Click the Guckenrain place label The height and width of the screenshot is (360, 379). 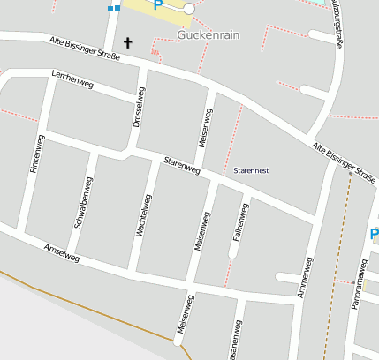click(208, 35)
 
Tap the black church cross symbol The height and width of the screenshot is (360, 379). click(128, 42)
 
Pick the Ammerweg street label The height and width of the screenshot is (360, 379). click(306, 276)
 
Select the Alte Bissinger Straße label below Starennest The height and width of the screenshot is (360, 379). click(343, 160)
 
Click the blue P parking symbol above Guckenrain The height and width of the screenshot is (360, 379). click(158, 4)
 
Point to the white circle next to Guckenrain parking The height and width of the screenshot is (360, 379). click(188, 8)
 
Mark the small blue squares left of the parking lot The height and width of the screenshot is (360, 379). click(113, 8)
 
